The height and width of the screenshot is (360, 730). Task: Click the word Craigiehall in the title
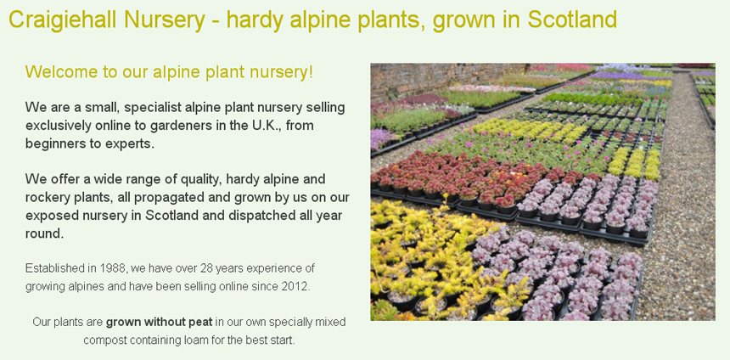click(63, 20)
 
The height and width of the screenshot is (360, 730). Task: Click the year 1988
click(112, 268)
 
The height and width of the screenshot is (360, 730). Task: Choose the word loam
click(198, 340)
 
